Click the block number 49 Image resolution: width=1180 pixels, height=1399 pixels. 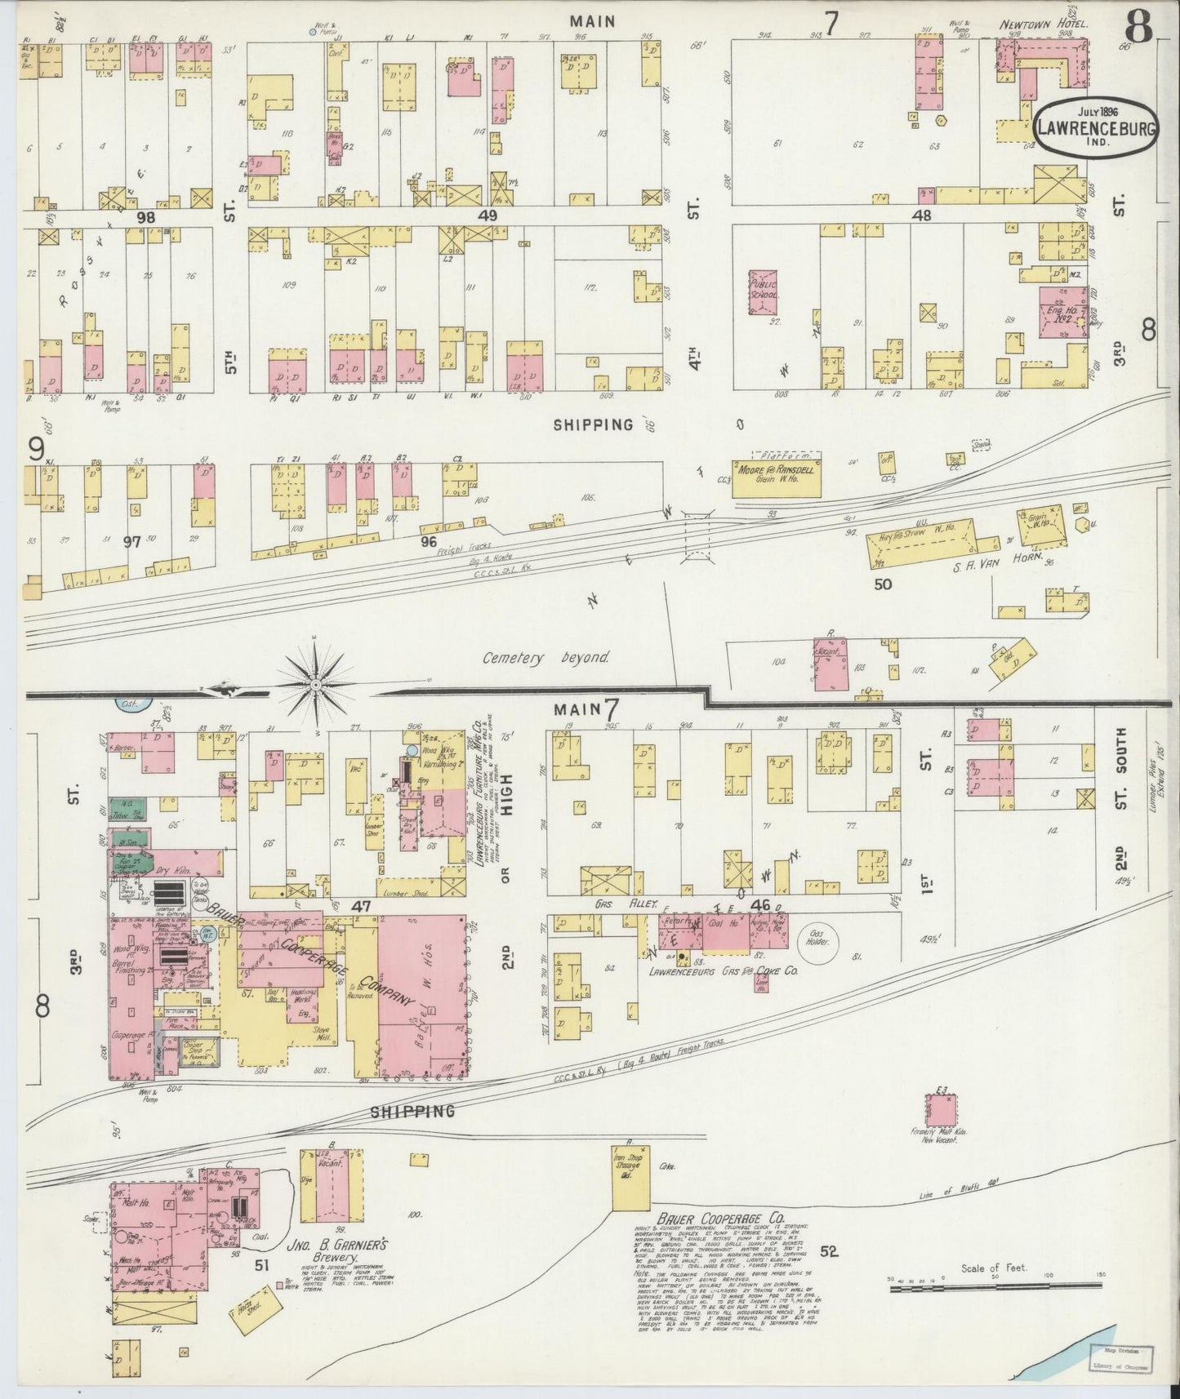488,215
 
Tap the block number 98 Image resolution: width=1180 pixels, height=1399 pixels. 146,217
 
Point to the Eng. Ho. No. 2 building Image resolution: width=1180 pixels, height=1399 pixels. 1062,312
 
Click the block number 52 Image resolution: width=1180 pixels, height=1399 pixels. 830,1250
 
